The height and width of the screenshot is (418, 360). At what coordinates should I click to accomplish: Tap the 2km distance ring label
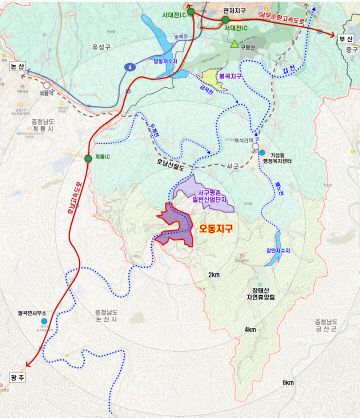(x=213, y=274)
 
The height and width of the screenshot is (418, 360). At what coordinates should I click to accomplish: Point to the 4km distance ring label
(x=249, y=329)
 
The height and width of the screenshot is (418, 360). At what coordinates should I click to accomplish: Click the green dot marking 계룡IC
(x=87, y=158)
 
